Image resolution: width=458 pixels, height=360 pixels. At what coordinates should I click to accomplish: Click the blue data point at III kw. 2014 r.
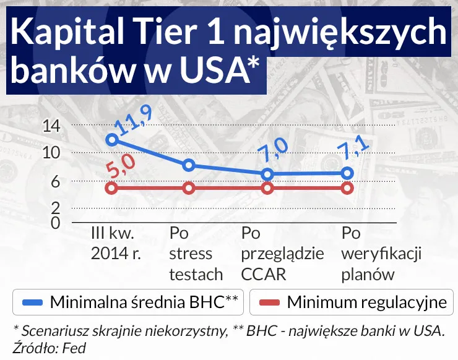point(112,140)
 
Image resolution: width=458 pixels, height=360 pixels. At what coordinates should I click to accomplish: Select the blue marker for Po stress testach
point(189,165)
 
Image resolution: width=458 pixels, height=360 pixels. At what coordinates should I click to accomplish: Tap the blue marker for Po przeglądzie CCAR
point(267,174)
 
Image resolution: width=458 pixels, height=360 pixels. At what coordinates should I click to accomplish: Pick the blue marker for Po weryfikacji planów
point(347,173)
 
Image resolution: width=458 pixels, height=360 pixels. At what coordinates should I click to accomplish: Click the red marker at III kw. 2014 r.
point(112,188)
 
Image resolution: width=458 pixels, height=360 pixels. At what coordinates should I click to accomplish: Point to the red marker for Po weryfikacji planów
point(347,188)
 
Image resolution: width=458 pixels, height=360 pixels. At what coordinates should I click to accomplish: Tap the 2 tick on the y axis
point(56,207)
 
